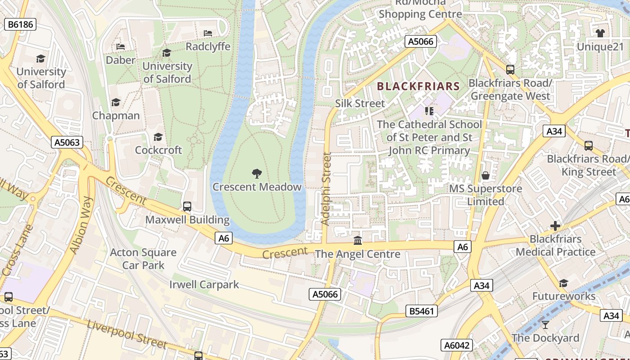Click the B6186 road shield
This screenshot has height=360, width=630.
tap(20, 24)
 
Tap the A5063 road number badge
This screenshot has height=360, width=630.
tap(67, 143)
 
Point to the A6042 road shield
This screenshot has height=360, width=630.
tap(457, 345)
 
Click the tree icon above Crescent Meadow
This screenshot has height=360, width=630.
tap(257, 173)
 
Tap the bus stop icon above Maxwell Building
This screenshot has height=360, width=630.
tap(187, 207)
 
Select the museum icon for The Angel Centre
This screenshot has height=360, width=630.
tap(358, 241)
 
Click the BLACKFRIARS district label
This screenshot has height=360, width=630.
tap(418, 86)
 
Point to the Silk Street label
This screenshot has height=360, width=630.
tap(360, 103)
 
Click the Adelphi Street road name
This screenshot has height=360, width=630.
tap(326, 189)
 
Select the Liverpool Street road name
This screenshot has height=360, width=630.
tap(127, 335)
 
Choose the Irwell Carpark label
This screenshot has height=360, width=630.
tap(204, 285)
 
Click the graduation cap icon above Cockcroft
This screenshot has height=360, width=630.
tap(158, 137)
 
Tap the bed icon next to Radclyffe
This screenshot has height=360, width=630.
tap(208, 33)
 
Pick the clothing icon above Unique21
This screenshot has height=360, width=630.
tap(600, 33)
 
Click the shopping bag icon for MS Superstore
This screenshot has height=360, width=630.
tap(486, 175)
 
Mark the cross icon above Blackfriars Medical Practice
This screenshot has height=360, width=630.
tap(555, 225)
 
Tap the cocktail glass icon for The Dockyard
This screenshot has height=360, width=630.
tap(545, 324)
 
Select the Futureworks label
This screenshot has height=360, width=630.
tap(564, 296)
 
